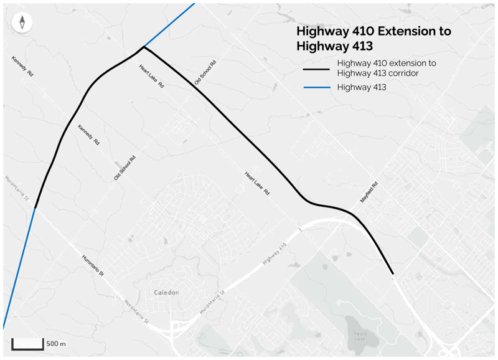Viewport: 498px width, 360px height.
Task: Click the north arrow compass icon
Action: (22, 23)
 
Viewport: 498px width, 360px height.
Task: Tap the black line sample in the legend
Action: (316, 68)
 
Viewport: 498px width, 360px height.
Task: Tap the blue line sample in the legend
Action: (316, 88)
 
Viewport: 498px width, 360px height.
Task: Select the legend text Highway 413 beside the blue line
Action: (362, 88)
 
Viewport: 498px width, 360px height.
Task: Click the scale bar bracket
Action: (27, 344)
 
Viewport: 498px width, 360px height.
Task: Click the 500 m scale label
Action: (57, 343)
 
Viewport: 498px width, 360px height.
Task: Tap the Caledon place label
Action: (166, 292)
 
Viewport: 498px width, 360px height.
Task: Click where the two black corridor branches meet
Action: (143, 47)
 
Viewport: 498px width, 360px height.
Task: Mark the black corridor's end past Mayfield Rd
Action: (393, 273)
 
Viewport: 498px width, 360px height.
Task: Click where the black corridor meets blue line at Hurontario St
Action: (35, 207)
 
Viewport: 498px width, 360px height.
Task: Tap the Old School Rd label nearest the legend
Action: (205, 73)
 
